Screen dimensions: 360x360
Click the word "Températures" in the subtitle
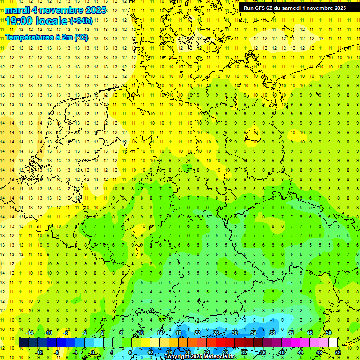tap(28, 37)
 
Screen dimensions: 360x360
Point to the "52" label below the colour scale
tap(337, 352)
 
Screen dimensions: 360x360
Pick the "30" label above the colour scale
tap(235, 333)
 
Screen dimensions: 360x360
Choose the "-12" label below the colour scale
tap(39, 352)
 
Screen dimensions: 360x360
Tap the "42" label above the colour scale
tap(291, 333)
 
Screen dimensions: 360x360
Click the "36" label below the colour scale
tap(263, 352)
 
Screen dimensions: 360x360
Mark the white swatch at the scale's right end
tap(333, 342)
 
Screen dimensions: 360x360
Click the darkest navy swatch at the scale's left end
tap(23, 342)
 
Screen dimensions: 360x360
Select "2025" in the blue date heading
tap(93, 9)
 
